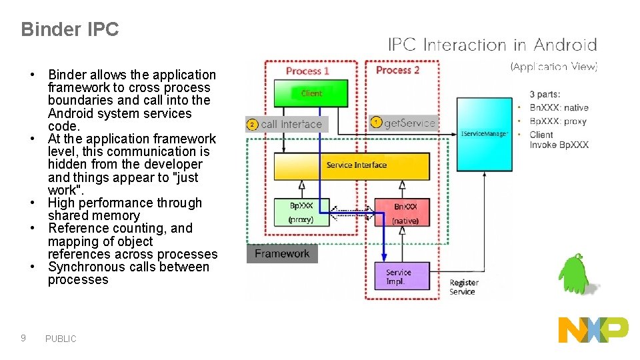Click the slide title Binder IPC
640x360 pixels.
(69, 29)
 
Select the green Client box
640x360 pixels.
(311, 93)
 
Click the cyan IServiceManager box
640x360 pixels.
(484, 133)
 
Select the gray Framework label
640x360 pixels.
(282, 254)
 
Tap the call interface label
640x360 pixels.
(291, 125)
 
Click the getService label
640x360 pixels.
(409, 123)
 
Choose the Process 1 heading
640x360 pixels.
(307, 71)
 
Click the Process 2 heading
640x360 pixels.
(397, 70)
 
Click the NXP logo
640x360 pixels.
(593, 330)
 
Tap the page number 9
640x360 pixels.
(23, 338)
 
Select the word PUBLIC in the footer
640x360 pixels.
(61, 339)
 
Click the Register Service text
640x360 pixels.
(463, 287)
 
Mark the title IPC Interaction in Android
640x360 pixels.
(492, 45)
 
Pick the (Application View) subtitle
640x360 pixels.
(553, 66)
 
